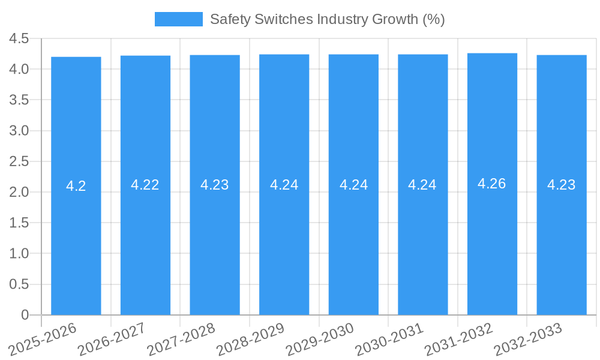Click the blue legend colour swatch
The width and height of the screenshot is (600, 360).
pos(179,19)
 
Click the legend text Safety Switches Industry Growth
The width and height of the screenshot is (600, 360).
pos(327,19)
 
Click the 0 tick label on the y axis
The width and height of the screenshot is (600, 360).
pos(25,314)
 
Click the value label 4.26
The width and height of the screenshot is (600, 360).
pos(492,184)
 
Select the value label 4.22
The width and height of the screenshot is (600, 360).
pos(145,185)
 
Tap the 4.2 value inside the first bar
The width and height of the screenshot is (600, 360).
pos(76,186)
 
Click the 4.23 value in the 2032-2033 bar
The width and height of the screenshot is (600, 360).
pos(562,185)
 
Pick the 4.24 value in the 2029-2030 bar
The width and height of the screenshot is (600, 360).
pos(354,185)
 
